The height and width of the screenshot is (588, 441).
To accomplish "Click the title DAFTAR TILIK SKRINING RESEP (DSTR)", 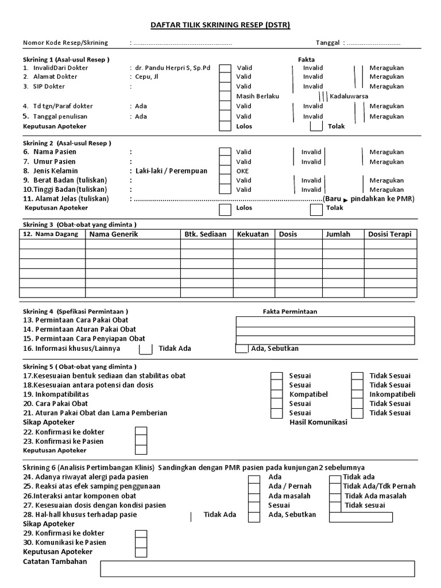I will click(x=220, y=25).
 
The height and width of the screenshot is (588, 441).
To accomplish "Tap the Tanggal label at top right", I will click(x=328, y=43).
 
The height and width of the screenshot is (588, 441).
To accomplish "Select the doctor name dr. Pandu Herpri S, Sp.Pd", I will click(x=172, y=68).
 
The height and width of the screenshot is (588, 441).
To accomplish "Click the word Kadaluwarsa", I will click(x=349, y=96).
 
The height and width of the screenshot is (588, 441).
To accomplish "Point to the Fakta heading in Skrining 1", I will click(x=306, y=59).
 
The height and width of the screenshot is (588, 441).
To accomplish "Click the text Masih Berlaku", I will click(x=257, y=96).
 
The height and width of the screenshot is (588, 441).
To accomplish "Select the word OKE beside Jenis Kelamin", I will click(x=242, y=171).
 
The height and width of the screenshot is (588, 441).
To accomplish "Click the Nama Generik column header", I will click(x=114, y=234).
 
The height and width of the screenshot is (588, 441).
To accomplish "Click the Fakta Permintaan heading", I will click(x=290, y=311).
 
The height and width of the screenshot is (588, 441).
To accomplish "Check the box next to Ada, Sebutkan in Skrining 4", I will click(x=242, y=349).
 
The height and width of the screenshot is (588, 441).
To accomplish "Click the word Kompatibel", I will click(x=308, y=394).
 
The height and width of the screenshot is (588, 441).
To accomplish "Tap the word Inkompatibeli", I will click(x=392, y=394).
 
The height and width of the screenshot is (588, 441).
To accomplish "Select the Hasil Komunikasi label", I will click(x=318, y=422).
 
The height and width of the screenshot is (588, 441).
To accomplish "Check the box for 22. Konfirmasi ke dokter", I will click(x=141, y=432).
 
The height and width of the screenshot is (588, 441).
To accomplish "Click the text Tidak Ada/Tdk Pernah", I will click(x=379, y=486).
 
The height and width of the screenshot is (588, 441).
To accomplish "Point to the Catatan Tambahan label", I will click(x=55, y=561).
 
